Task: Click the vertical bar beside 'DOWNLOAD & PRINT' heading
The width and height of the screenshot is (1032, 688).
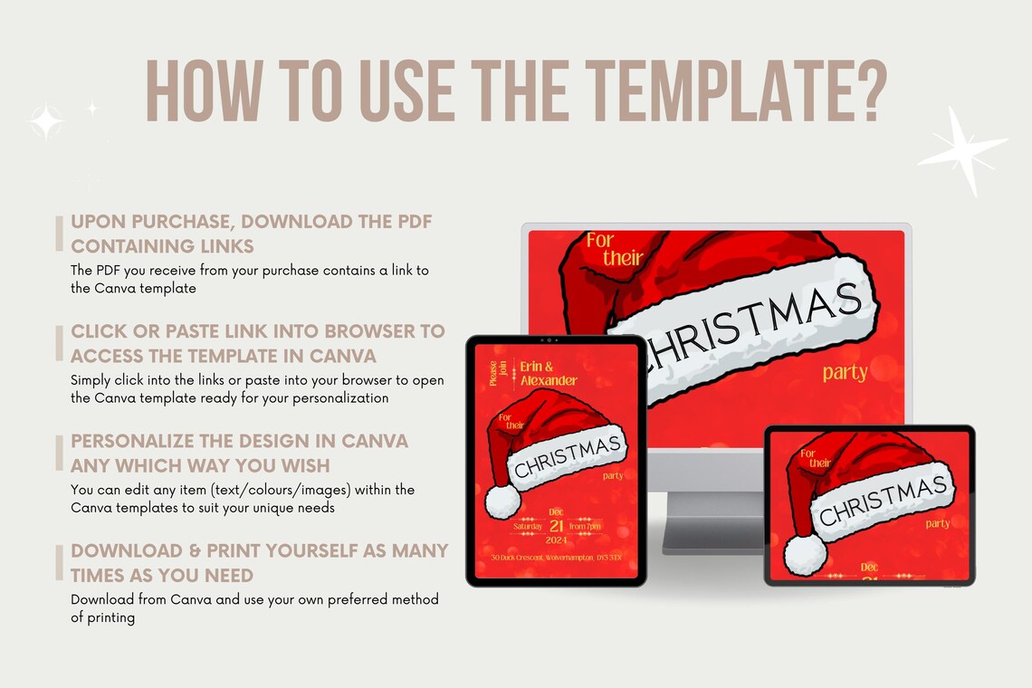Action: [60, 562]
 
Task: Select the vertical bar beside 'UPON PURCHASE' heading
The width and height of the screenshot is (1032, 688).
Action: [60, 233]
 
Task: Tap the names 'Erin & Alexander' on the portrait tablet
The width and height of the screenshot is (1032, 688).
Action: [548, 373]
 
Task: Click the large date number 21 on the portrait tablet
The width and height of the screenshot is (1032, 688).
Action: [557, 526]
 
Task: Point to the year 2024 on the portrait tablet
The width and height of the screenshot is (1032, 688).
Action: [557, 541]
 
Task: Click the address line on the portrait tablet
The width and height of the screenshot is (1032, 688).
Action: [556, 558]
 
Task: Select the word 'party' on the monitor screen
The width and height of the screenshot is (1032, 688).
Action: [845, 372]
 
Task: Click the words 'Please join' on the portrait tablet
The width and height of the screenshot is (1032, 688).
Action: [493, 373]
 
